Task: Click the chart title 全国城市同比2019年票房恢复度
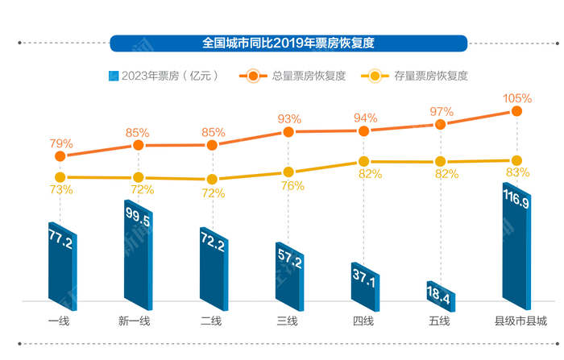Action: pyautogui.click(x=288, y=42)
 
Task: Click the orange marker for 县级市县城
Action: pyautogui.click(x=517, y=113)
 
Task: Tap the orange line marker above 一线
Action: pyautogui.click(x=60, y=155)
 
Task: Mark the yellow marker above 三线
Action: pyautogui.click(x=288, y=172)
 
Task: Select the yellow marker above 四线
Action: pyautogui.click(x=364, y=162)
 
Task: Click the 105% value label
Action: pyautogui.click(x=517, y=98)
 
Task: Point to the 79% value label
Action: pyautogui.click(x=61, y=143)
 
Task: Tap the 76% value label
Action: pyautogui.click(x=292, y=186)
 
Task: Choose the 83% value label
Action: pyautogui.click(x=517, y=172)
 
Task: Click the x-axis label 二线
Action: pyautogui.click(x=211, y=321)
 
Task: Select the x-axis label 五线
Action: pyautogui.click(x=440, y=321)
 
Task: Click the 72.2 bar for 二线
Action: pyautogui.click(x=214, y=267)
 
